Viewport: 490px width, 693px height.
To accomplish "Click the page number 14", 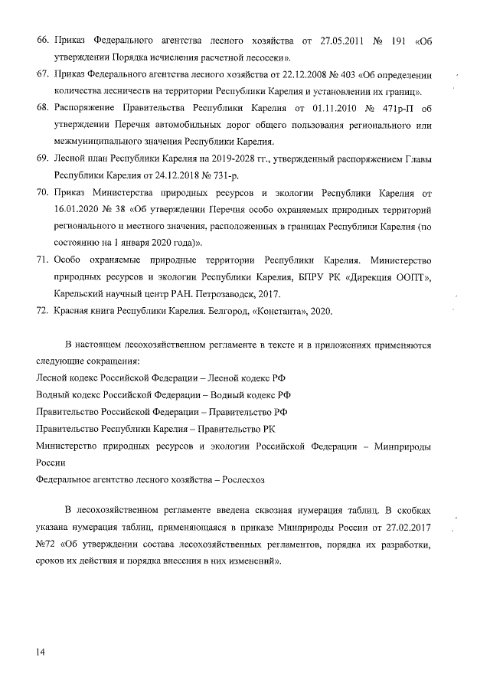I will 40,652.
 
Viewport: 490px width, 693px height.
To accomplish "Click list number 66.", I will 43,39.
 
